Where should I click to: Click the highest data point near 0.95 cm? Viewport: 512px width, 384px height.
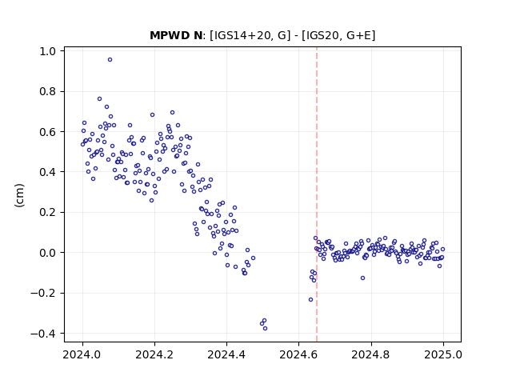[110, 60]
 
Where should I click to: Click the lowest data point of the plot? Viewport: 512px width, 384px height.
[265, 329]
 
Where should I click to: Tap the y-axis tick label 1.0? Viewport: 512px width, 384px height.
[48, 51]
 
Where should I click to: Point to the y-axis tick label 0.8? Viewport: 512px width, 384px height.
[48, 91]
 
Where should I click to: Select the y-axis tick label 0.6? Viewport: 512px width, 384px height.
[48, 131]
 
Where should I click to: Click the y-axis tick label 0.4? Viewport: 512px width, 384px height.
[48, 172]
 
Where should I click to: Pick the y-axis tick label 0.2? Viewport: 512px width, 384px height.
[48, 212]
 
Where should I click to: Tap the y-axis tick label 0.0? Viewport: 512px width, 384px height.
[48, 253]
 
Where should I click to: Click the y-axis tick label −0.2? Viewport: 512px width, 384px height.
[43, 294]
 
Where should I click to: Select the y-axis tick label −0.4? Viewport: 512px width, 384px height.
[43, 334]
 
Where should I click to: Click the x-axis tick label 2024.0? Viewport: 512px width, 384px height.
[82, 354]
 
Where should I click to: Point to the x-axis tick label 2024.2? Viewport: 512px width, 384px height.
[154, 354]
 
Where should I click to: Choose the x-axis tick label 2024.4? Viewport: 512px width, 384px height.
[226, 354]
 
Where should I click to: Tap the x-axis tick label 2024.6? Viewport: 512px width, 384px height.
[298, 354]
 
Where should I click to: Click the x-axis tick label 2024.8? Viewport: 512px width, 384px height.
[370, 354]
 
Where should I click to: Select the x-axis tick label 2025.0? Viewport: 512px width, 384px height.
[443, 354]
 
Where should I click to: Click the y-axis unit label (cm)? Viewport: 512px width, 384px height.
[19, 195]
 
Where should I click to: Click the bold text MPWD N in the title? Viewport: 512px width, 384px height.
[176, 35]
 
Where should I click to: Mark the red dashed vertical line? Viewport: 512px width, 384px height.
[317, 194]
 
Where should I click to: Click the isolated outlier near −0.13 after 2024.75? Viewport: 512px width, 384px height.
[362, 278]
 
